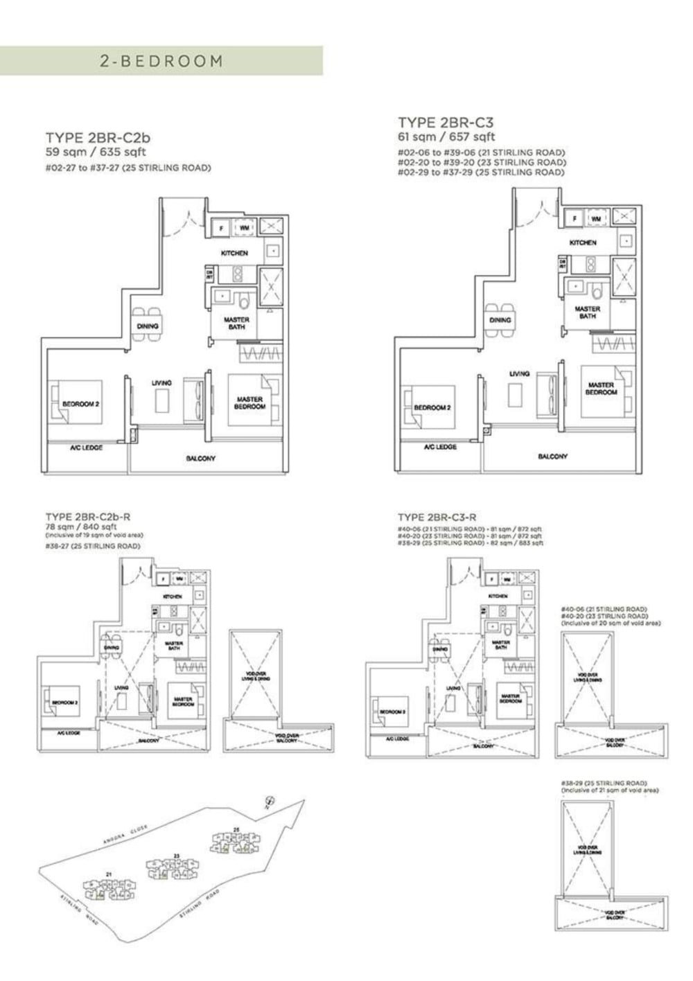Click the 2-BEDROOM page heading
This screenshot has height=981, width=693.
pos(161,61)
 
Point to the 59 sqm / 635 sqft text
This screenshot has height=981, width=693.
pos(96,152)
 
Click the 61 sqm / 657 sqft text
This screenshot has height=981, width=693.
pos(446,138)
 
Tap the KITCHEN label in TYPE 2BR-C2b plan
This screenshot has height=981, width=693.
pos(234,254)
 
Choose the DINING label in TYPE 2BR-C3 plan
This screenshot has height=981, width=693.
pos(500,320)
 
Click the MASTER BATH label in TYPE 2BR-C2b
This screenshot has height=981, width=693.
pos(236,323)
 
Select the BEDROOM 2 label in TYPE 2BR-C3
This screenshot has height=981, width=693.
pos(432,407)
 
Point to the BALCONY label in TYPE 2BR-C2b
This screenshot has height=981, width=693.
pos(201,459)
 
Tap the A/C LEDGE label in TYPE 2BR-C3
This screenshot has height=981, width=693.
pos(440,448)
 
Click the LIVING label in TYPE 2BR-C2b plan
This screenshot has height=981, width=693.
pos(162,382)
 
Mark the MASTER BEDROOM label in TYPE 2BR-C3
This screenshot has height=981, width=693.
pos(600,389)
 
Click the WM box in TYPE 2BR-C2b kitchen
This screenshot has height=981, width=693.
pos(245,227)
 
